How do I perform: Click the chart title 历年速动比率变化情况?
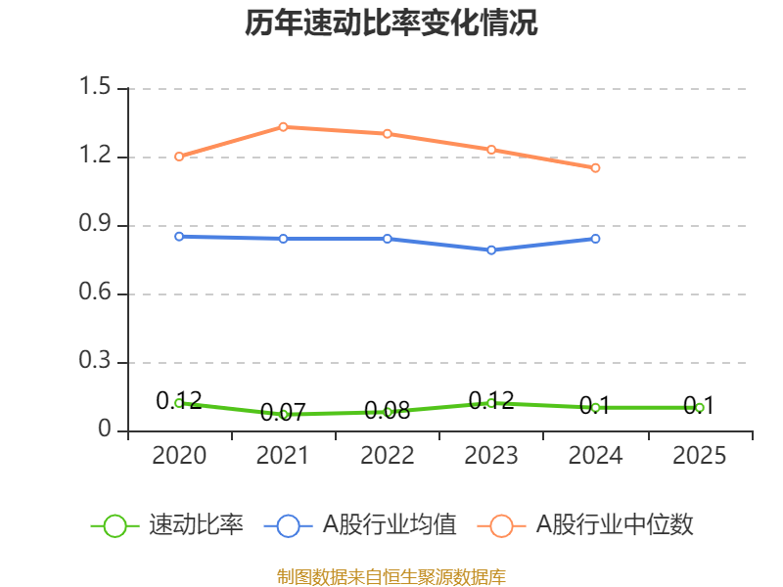coord(391,23)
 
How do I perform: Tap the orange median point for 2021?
coord(283,126)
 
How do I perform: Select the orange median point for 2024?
coord(595,167)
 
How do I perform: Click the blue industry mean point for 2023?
coord(491,249)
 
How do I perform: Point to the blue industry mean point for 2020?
coord(179,236)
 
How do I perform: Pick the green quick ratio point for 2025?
coord(699,407)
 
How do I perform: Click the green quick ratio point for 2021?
coord(283,414)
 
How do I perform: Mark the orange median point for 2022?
coord(388,133)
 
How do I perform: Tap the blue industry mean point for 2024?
coord(595,238)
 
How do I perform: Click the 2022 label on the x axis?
coord(388,455)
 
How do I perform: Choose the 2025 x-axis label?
coord(699,455)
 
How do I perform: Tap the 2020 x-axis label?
coord(179,455)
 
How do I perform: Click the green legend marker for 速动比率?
coord(115,525)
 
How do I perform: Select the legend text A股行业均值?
coord(390,525)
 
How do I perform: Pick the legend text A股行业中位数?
coord(615,525)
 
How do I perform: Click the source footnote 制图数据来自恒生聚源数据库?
coord(391,576)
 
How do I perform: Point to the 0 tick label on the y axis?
coord(106,430)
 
